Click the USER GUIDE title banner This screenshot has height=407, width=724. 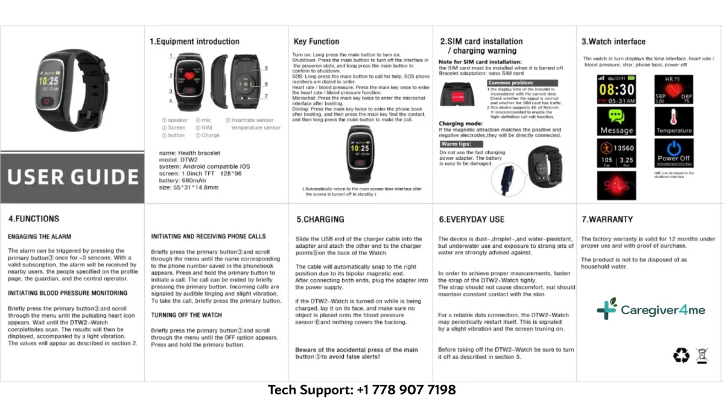pyautogui.click(x=72, y=177)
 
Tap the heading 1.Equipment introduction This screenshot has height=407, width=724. pyautogui.click(x=194, y=42)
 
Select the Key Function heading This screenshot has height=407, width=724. pyautogui.click(x=316, y=42)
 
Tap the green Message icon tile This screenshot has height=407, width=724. pyautogui.click(x=616, y=121)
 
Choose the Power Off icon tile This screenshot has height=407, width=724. pyautogui.click(x=674, y=153)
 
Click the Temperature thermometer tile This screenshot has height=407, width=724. pyautogui.click(x=674, y=121)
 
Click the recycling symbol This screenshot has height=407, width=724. pyautogui.click(x=681, y=356)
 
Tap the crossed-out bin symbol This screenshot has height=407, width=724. pyautogui.click(x=702, y=356)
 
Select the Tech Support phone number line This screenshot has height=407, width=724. pyautogui.click(x=362, y=390)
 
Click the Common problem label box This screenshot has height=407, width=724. pyautogui.click(x=510, y=83)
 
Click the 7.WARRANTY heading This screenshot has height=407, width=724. pyautogui.click(x=607, y=219)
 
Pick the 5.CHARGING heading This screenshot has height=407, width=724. pyautogui.click(x=320, y=219)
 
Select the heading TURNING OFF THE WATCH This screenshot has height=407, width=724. pyautogui.click(x=186, y=315)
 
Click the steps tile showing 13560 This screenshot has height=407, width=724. pyautogui.click(x=616, y=153)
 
